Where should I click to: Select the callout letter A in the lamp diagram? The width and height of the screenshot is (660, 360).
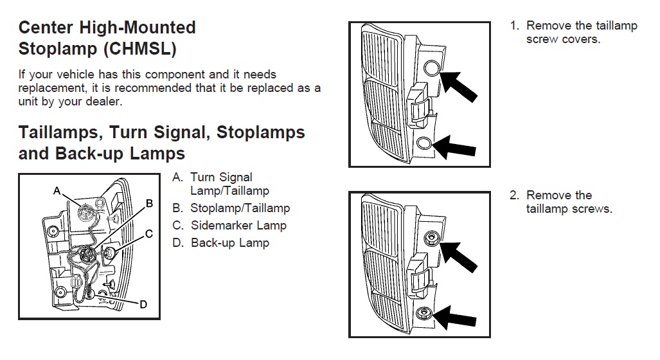coord(57,191)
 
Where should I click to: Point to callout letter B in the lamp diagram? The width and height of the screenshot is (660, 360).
coord(149,203)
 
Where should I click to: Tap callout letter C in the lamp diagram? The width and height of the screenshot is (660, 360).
coord(148,233)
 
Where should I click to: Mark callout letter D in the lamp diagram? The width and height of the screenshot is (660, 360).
coord(143,304)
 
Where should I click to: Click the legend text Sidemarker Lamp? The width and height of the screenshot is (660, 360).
coord(238,226)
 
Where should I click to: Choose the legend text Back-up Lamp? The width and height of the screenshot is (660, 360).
coord(230,243)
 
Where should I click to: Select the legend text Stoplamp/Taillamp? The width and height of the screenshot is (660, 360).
coord(240,208)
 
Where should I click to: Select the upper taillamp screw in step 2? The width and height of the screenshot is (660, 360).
coord(431,240)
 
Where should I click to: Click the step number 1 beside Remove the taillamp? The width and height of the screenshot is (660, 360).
coord(513,26)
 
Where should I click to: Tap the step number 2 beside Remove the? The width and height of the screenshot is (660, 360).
coord(513,195)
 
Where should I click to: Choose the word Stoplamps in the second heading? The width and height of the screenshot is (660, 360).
coord(261,132)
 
